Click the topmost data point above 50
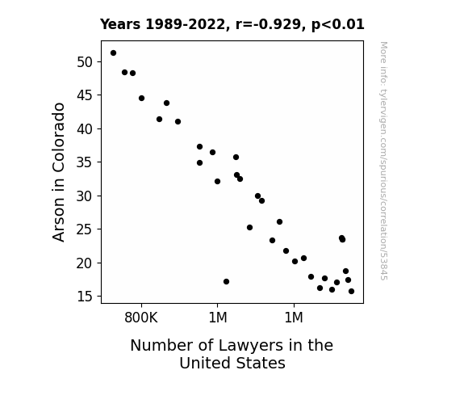pos(113,53)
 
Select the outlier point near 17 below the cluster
pos(227,281)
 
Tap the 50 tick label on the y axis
pos(85,62)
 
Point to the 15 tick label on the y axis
pos(85,297)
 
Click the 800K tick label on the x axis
pos(141,318)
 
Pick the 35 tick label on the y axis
pos(85,162)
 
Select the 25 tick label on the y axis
pos(85,229)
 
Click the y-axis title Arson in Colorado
pos(58,172)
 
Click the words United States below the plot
pos(232,363)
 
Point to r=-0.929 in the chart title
pos(268,24)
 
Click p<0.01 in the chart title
pos(337,24)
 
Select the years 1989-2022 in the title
pos(164,24)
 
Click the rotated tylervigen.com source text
pos(384,161)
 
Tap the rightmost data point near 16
pos(351,292)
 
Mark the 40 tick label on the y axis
pos(85,129)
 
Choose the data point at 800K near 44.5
pos(141,98)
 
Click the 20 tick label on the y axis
pos(85,263)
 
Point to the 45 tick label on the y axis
pos(85,95)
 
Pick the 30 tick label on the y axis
pos(85,196)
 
